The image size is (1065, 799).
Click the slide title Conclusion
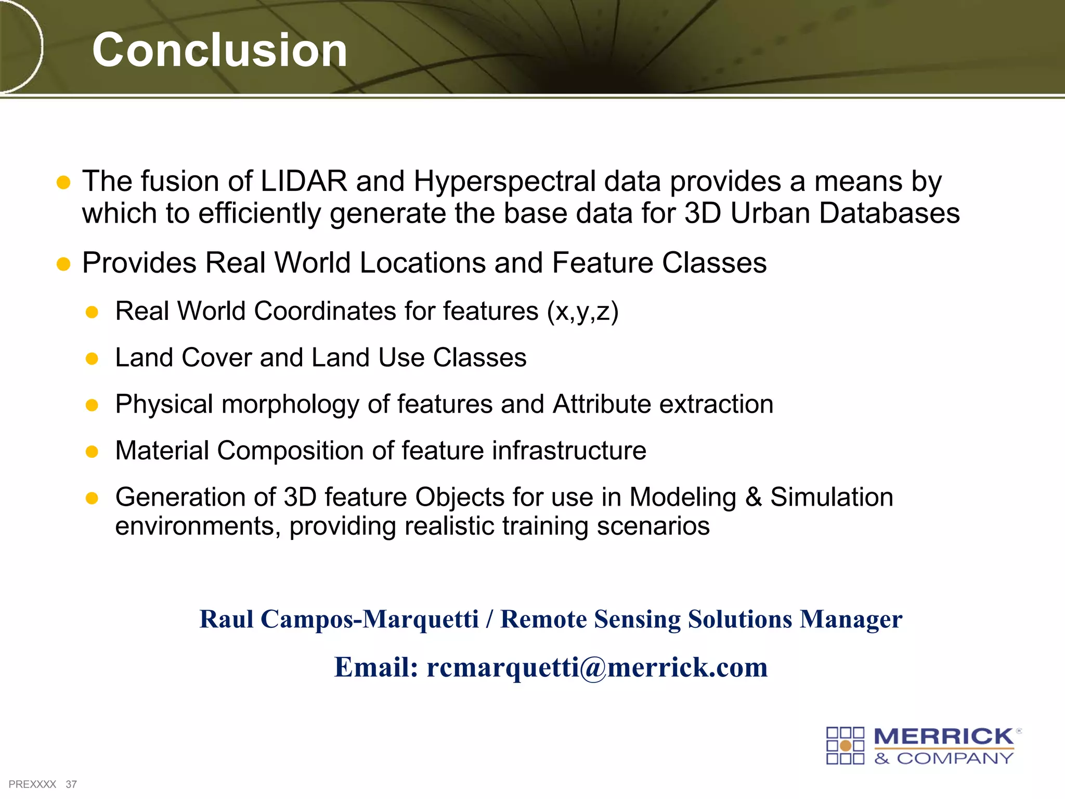(219, 50)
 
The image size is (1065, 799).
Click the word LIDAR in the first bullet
(304, 181)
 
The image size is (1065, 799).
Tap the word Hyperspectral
(504, 182)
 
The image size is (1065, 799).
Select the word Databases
(889, 213)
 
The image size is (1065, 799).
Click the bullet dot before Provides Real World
(63, 264)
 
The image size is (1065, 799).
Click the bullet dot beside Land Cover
(92, 358)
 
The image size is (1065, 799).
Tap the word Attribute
(602, 404)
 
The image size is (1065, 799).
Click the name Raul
(227, 619)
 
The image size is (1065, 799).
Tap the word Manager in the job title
(851, 619)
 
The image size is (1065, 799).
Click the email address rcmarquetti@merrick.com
(596, 667)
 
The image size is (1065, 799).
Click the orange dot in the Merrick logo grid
(846, 746)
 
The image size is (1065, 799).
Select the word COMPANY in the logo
(955, 758)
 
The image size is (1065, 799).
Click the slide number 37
(71, 784)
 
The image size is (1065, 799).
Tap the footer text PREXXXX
(32, 784)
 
